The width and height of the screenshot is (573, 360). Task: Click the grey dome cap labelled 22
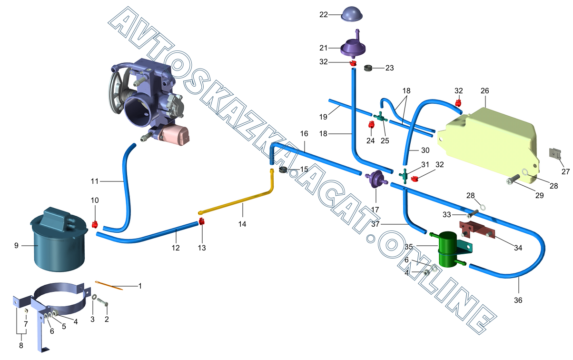coord(351,14)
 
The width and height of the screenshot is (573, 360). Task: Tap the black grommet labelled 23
coord(368,69)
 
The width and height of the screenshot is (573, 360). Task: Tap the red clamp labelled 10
coord(94,223)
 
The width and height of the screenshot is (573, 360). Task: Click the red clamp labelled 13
coord(202,221)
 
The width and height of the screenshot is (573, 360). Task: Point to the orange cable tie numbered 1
coord(109,286)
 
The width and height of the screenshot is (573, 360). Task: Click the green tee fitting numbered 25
coord(380,116)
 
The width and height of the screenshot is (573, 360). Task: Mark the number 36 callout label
coord(518,300)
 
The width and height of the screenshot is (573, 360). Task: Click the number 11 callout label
coord(94,181)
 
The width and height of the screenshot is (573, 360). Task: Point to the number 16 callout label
coord(304,133)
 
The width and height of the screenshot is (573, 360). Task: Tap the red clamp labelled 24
coord(371,125)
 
